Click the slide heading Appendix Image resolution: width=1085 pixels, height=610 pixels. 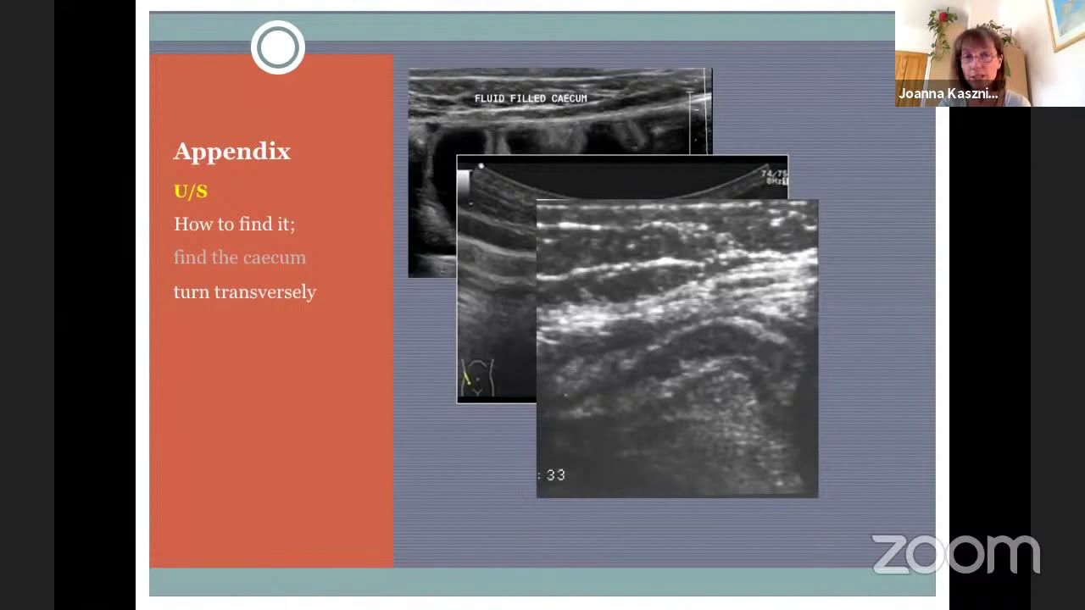pos(231,152)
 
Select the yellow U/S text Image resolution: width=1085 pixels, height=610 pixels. pos(190,191)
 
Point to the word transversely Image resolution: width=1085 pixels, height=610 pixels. pos(264,292)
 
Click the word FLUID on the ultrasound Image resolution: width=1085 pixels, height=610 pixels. pos(489,98)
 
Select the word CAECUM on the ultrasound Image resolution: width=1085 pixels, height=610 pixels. pos(569,98)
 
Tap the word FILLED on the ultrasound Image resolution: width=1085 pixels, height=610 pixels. pos(528,98)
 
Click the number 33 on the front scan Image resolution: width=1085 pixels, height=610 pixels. pos(555,475)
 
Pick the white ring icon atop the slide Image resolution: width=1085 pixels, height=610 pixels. pos(277,47)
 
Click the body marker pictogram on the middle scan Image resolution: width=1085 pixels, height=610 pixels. pos(476,377)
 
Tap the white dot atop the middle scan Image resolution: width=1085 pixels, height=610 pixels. pos(481,167)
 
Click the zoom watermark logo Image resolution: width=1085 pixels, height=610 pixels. pos(955,555)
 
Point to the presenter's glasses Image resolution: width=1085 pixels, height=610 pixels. pos(978,58)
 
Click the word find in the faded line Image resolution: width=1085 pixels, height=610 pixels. pos(190,258)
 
